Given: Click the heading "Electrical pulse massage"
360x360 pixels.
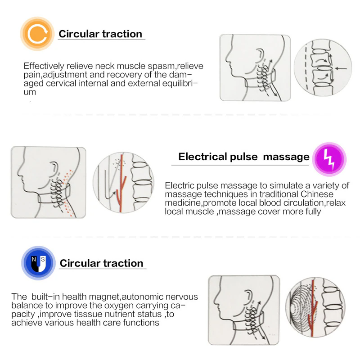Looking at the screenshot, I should tap(244, 157).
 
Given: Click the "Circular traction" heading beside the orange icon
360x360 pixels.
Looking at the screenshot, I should tap(100, 34).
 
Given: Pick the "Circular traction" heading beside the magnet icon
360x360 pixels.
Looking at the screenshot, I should tap(102, 263).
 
